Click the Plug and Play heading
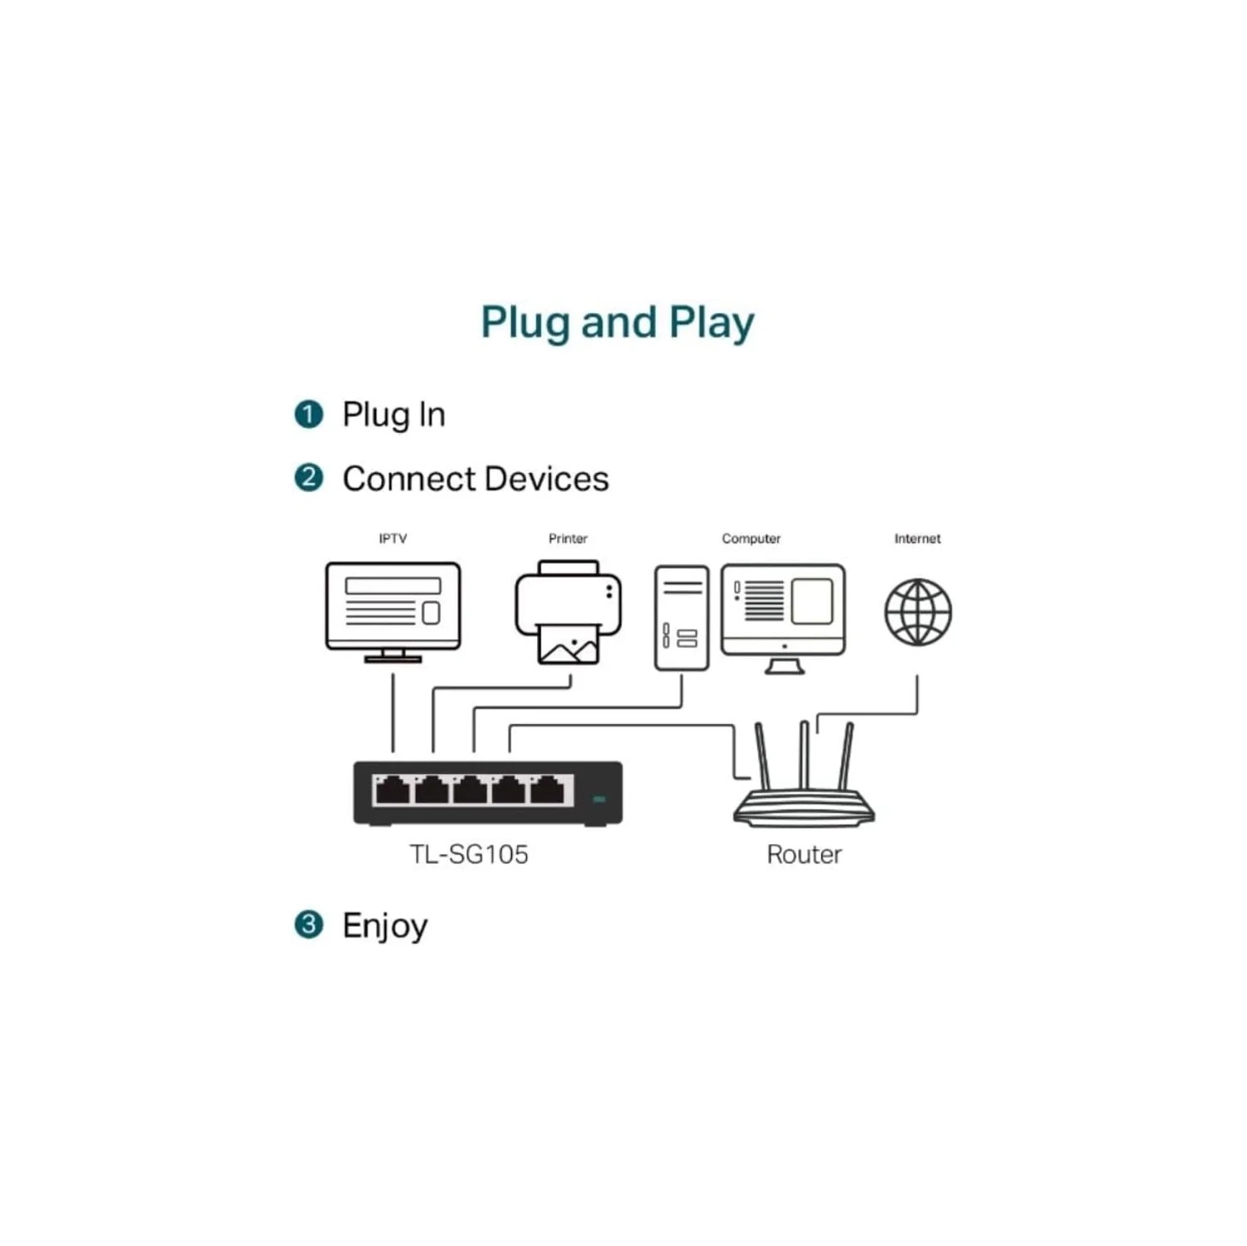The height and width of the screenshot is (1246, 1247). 617,323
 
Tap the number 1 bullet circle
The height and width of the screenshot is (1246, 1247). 308,414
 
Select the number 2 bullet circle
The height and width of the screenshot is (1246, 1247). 308,478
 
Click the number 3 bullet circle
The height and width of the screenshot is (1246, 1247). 308,924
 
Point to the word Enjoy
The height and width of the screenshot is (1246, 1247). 385,926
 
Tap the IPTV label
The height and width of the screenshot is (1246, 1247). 392,539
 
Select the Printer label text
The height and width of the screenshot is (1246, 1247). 568,539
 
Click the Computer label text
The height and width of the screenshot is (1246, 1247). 751,539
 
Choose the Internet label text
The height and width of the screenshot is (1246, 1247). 917,539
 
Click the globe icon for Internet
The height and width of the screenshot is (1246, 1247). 918,613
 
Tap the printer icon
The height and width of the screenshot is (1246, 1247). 569,613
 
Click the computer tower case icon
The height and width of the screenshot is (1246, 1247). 682,618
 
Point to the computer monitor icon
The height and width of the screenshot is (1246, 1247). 783,615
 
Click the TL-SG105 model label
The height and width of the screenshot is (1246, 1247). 469,854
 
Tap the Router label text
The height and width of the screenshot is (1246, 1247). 804,854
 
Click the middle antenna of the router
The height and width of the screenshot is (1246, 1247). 804,755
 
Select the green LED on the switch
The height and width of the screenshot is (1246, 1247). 599,799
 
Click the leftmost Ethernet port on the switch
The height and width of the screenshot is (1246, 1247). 392,791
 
